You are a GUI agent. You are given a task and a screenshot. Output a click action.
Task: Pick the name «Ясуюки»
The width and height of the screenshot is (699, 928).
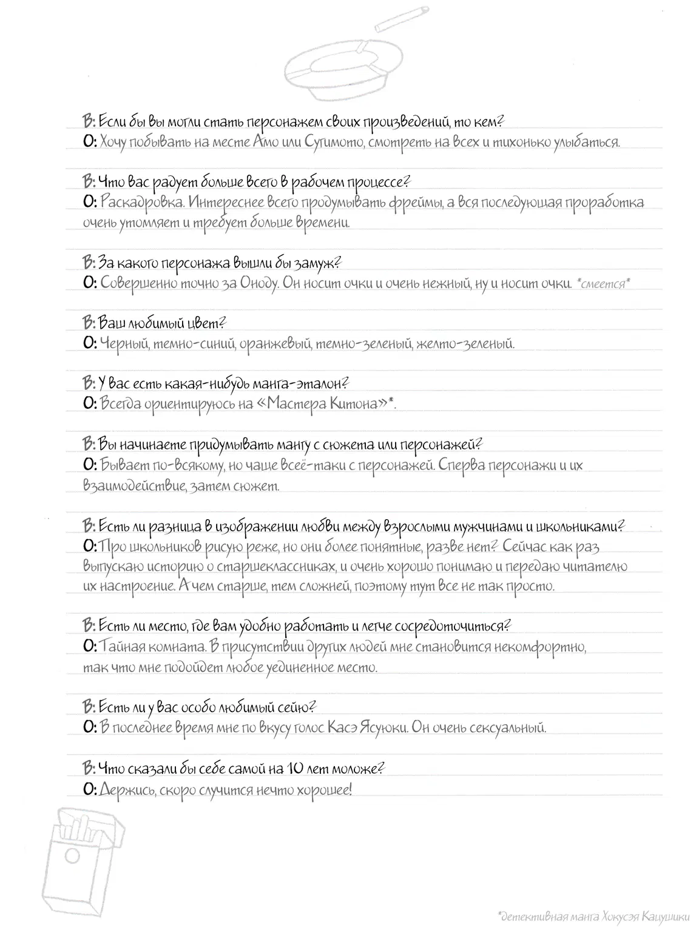point(380,728)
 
